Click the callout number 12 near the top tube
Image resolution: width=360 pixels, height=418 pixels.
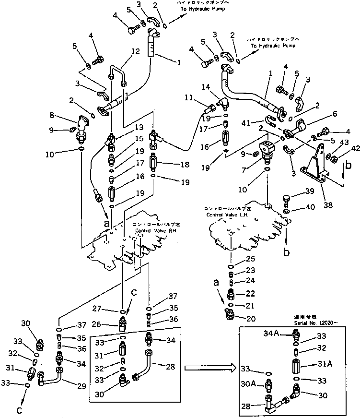pyautogui.click(x=122, y=52)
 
